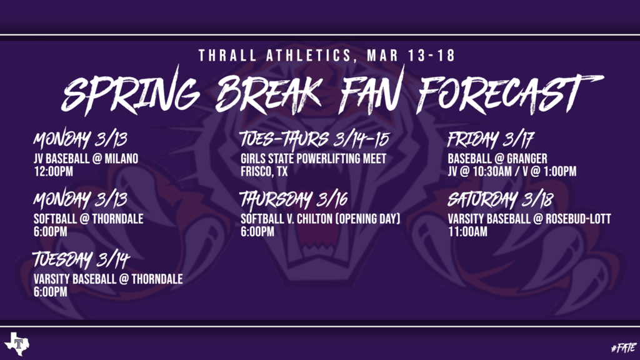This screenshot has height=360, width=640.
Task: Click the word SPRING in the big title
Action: point(131,94)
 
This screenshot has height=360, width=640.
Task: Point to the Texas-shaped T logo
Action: point(17,344)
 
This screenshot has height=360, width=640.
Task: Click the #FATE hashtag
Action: point(624,347)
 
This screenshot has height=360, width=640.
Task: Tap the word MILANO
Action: point(122,158)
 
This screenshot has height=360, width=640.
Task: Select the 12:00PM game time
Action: point(54,171)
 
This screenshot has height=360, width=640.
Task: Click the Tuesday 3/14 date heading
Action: point(81,259)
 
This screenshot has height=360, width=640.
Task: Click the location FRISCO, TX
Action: point(264,171)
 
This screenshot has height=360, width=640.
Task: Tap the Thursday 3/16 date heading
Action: point(294,199)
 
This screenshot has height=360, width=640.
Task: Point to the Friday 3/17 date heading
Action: point(491,139)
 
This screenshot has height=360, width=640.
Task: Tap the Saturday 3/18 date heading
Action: point(501,199)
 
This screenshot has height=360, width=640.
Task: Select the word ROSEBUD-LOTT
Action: point(578,219)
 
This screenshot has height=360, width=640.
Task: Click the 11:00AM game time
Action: point(467,232)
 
